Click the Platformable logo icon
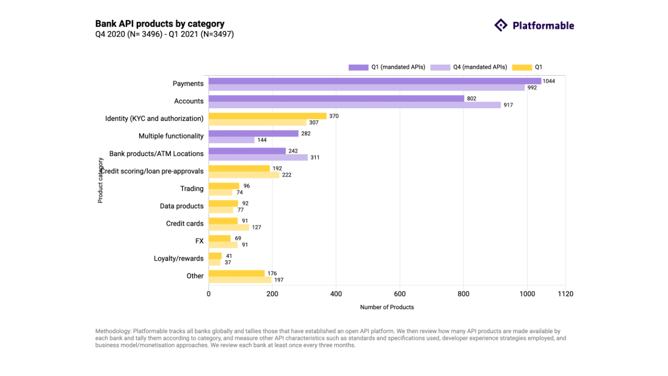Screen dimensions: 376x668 click(x=500, y=25)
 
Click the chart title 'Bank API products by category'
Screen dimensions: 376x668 click(x=160, y=23)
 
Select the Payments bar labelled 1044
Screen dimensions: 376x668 click(x=375, y=81)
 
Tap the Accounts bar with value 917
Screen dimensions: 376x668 click(x=354, y=105)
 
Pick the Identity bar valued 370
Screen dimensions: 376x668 click(x=267, y=116)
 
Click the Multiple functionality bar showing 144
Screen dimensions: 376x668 click(x=232, y=140)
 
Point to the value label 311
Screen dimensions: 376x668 click(x=315, y=158)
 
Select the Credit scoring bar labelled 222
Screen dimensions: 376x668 click(x=244, y=175)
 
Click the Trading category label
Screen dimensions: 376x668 click(x=192, y=189)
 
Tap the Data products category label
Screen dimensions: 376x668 click(x=182, y=206)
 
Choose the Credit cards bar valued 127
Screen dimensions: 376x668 click(x=229, y=227)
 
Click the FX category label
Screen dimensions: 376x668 click(x=199, y=241)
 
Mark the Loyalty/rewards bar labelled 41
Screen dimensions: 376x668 click(x=215, y=256)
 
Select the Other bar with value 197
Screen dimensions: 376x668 click(x=240, y=280)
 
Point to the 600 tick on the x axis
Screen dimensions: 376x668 click(x=400, y=294)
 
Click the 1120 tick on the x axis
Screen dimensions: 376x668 click(x=565, y=294)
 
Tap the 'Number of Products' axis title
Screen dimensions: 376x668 click(x=387, y=307)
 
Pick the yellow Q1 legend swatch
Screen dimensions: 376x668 click(x=522, y=67)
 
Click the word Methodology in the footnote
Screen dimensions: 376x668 click(x=113, y=331)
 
